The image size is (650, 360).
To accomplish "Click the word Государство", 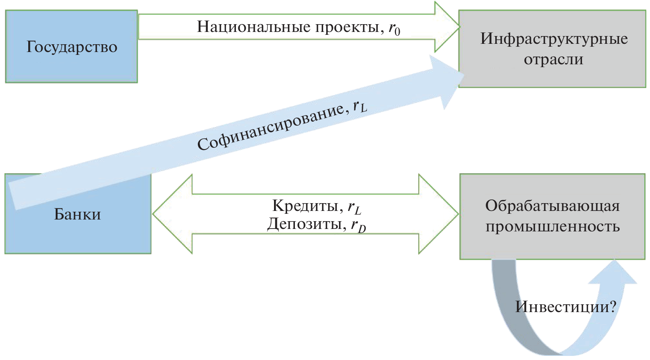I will coord(72,47).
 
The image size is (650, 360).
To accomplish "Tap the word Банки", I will coord(77,214).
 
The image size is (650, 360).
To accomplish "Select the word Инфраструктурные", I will coord(554,38).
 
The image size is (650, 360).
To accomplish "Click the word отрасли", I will coord(553,59).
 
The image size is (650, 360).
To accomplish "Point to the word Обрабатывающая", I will coord(552,206).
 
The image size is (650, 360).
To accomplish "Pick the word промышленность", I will coord(552,226).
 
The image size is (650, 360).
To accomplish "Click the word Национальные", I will coord(254,27).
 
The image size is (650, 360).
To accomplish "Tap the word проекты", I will coord(347,27).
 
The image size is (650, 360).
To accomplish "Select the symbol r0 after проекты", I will coord(394,29).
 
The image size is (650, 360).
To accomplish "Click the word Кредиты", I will coord(305,205).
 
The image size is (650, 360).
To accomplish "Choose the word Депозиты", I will coord(304,224).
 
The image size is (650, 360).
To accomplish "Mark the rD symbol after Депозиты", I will coord(358,225).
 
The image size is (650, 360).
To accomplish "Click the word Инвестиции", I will coord(562,307).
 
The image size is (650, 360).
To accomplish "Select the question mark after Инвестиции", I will coord(612,307).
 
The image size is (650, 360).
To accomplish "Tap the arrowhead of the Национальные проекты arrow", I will coord(447,27).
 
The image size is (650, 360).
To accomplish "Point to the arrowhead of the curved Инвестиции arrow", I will coord(613,272).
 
